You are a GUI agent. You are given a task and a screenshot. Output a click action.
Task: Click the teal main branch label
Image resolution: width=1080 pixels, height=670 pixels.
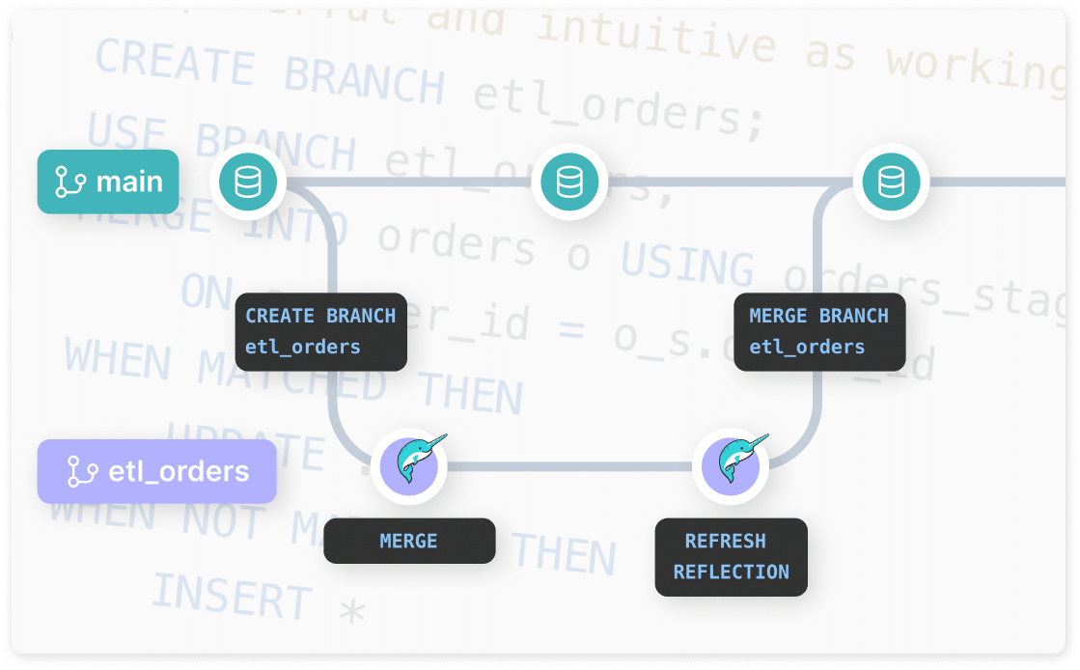point(108,181)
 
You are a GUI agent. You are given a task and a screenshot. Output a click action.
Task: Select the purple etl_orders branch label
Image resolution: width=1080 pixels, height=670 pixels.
point(156,471)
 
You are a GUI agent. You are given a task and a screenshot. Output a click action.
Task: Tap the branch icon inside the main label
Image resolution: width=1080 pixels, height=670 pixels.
point(70,181)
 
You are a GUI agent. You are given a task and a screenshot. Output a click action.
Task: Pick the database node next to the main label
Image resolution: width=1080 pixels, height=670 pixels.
point(248,181)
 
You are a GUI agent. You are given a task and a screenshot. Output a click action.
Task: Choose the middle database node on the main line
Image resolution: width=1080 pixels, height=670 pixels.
point(569,181)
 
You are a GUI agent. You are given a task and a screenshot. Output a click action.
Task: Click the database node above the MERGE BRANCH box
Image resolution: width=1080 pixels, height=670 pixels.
point(891,181)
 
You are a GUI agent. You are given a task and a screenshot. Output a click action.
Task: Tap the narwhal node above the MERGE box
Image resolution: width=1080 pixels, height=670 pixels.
point(409,465)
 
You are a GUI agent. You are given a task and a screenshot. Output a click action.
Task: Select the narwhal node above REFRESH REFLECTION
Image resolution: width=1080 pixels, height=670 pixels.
point(731,465)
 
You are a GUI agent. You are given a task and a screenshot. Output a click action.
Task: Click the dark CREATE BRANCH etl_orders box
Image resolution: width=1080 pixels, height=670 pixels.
point(321,331)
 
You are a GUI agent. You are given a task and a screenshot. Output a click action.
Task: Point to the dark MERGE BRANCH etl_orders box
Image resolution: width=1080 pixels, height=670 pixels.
point(819,331)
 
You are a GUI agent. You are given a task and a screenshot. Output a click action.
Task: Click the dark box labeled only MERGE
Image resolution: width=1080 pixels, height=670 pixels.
point(409,541)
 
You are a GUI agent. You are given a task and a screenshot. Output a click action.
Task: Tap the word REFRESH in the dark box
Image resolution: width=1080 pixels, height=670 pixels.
point(725,541)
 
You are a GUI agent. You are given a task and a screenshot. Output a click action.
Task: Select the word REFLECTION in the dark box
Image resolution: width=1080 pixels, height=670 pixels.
point(731,572)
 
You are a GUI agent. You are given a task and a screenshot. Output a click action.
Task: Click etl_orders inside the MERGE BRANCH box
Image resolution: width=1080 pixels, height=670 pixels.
point(807,347)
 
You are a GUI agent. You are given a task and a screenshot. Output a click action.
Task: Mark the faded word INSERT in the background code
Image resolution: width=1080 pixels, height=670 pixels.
point(232,594)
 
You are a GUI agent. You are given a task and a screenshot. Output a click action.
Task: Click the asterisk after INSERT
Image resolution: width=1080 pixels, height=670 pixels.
point(353,611)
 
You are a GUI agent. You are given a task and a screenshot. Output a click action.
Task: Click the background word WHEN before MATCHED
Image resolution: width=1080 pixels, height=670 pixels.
point(118,359)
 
